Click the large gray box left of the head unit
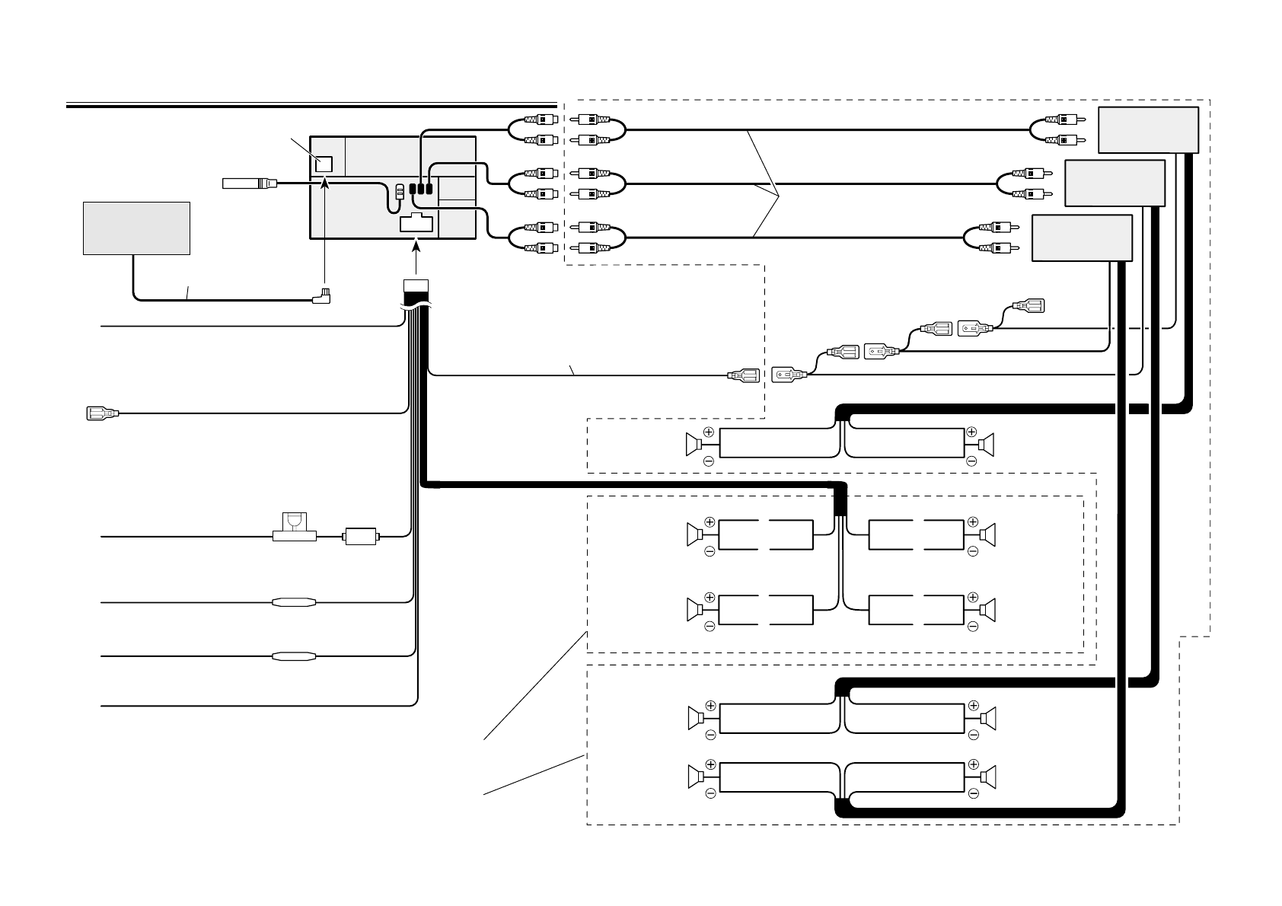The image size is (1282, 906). pyautogui.click(x=136, y=228)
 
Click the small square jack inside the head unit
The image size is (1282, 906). pyautogui.click(x=324, y=164)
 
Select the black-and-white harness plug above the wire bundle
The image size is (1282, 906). pyautogui.click(x=416, y=293)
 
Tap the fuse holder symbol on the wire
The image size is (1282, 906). pyautogui.click(x=294, y=528)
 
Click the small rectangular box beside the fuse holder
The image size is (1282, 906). pyautogui.click(x=362, y=537)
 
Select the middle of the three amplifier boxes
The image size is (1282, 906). pyautogui.click(x=1115, y=183)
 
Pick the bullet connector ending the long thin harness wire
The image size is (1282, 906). pyautogui.click(x=743, y=375)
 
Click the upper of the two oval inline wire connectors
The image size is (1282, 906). pyautogui.click(x=293, y=602)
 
